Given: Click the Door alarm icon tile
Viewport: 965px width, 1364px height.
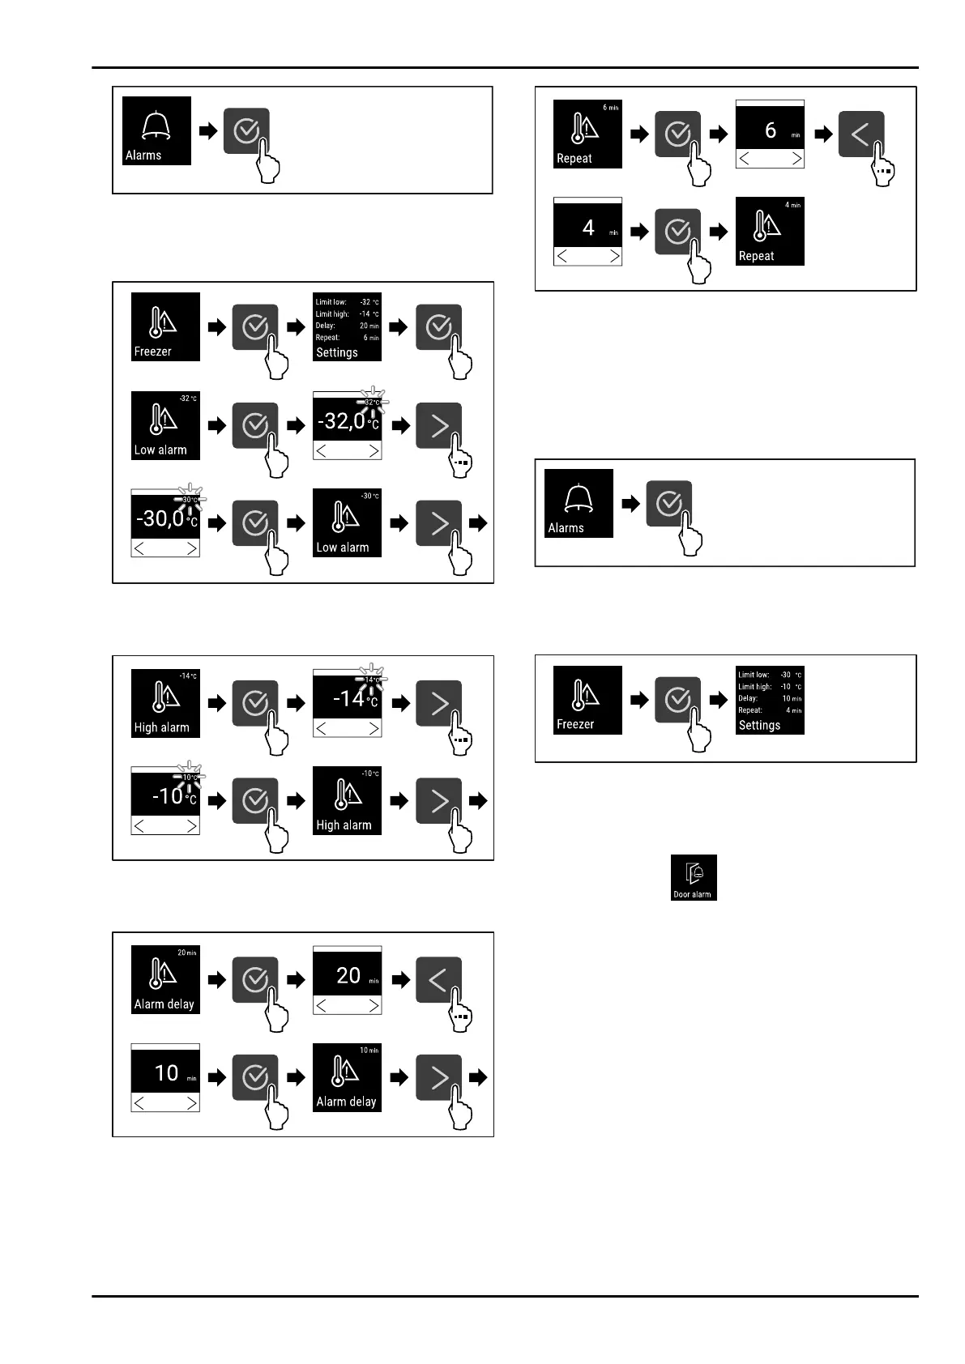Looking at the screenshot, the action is [x=694, y=877].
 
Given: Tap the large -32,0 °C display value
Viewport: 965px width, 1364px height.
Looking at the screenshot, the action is [x=347, y=420].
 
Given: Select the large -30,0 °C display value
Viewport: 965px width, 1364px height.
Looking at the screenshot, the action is [x=165, y=518].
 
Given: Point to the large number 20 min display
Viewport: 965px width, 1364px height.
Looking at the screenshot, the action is [x=348, y=976].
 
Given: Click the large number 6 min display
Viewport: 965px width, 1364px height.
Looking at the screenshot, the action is [x=770, y=130].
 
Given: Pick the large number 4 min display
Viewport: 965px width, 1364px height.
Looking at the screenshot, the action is [x=588, y=228].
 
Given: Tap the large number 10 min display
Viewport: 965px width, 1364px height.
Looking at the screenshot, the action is [x=166, y=1073].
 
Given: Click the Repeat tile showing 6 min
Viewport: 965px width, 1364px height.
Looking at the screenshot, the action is [x=587, y=134].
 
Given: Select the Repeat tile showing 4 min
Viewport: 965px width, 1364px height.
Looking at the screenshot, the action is [x=770, y=232].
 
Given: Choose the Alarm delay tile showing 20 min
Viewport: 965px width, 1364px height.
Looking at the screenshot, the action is [x=165, y=979].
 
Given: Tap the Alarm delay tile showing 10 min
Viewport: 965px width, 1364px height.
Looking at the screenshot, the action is [x=347, y=1076].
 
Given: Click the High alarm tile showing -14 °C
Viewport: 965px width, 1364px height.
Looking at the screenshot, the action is [x=165, y=703].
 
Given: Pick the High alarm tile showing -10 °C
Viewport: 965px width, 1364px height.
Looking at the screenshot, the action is [x=347, y=800].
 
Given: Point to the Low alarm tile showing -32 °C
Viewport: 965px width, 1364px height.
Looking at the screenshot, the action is [x=165, y=425].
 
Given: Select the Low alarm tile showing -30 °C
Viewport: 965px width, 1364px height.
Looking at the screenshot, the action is [x=347, y=522].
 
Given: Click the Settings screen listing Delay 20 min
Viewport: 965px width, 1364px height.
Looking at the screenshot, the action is [x=347, y=327].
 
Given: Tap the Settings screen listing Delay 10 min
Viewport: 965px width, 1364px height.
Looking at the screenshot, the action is [x=770, y=701].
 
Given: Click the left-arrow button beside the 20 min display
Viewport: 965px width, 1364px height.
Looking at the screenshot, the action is [x=438, y=980].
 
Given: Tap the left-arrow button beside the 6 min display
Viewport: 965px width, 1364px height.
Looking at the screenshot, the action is [x=860, y=134].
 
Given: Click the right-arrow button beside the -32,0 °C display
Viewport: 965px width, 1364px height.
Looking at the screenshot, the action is [x=438, y=426].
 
